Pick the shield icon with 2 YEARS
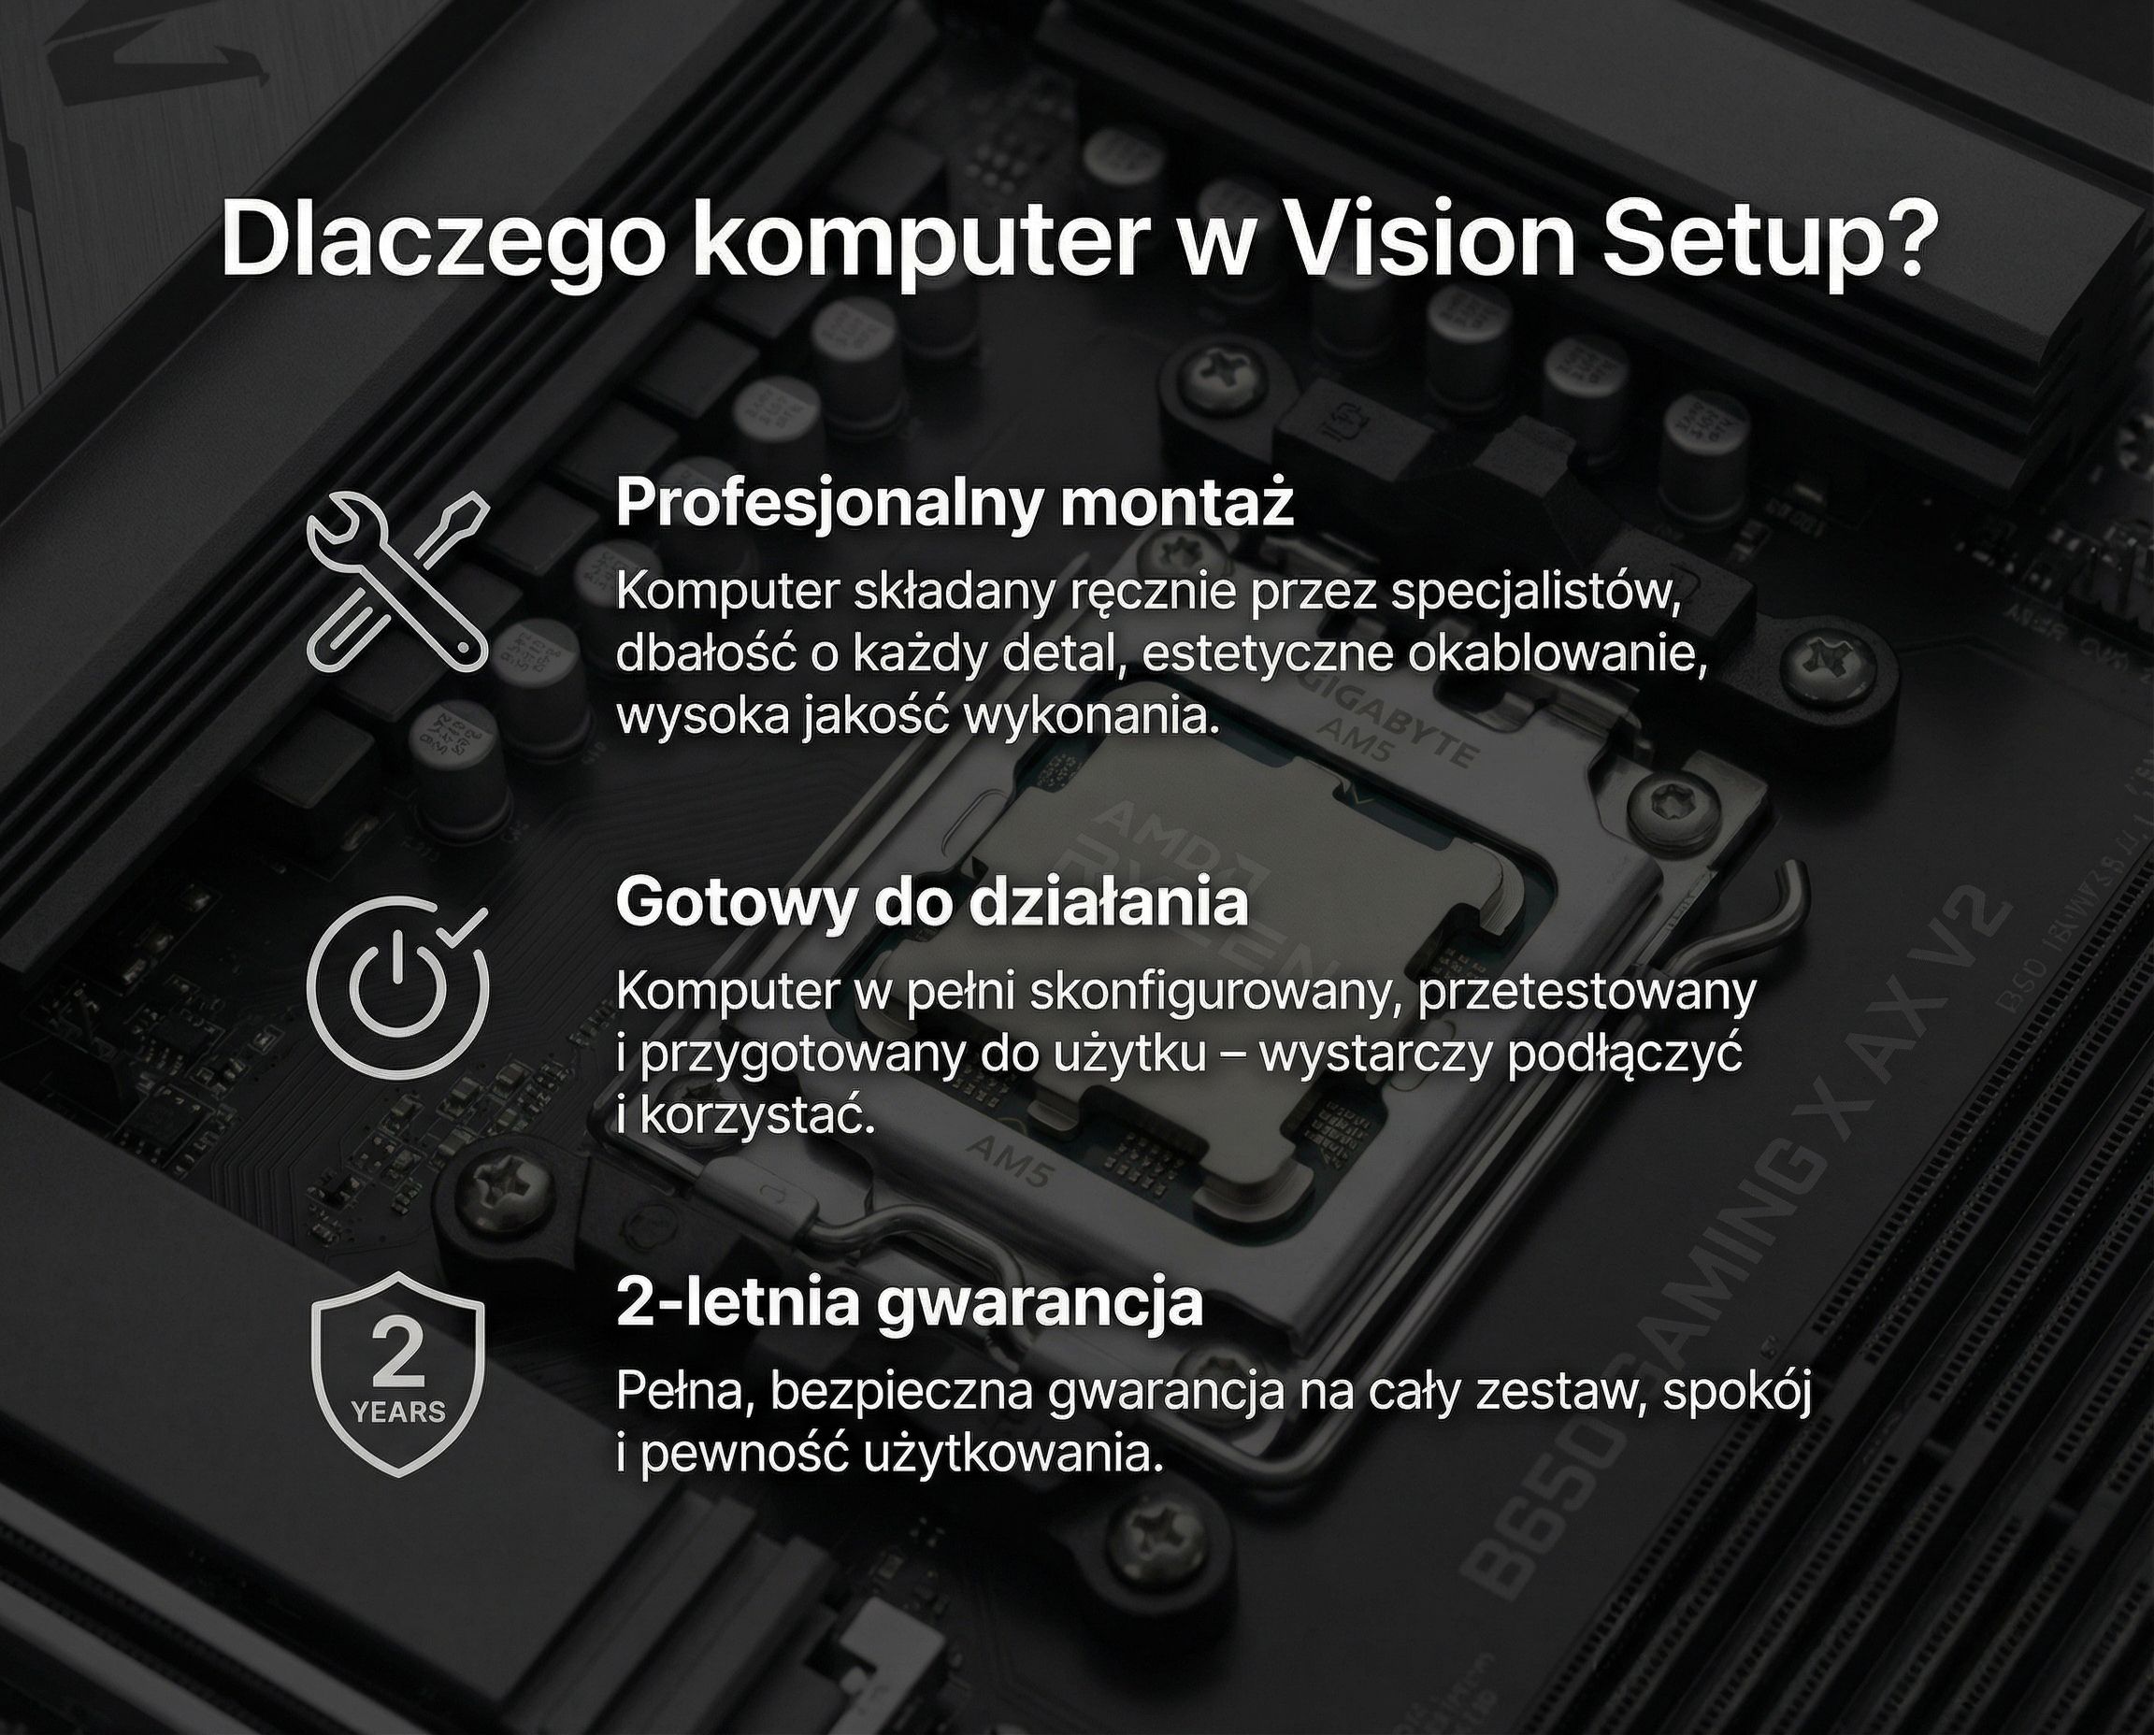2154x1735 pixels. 398,1373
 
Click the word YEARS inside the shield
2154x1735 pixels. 399,1412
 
